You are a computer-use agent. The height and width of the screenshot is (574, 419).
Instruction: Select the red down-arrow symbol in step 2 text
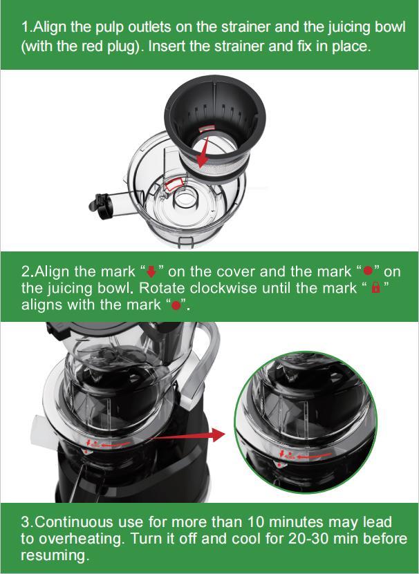(151, 271)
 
